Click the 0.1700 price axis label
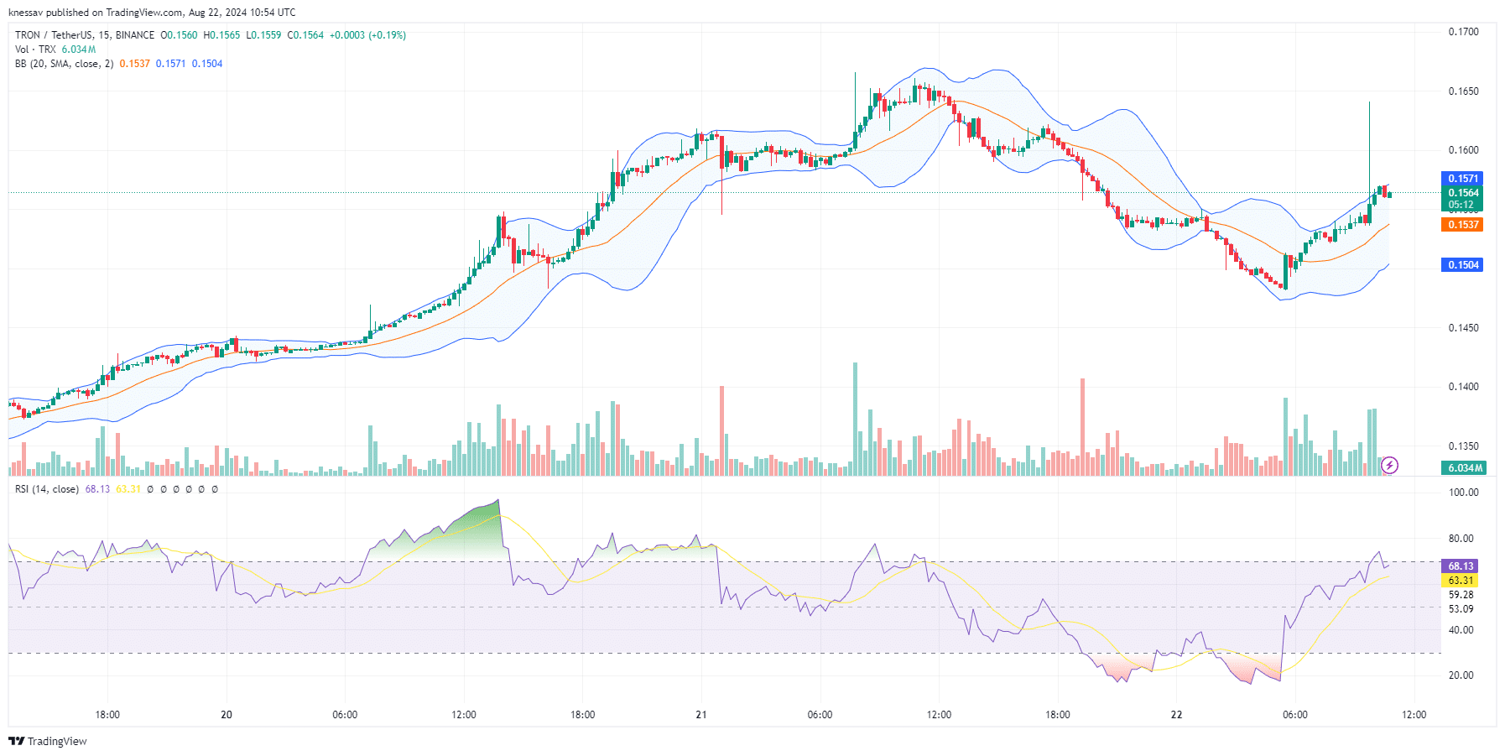1463,32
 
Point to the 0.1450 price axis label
1463,328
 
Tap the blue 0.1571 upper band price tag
1463,179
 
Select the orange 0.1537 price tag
1463,225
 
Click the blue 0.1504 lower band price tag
1463,265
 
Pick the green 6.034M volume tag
1464,468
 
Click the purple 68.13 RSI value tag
1460,566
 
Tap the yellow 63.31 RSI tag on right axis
1460,581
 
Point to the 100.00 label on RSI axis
1464,493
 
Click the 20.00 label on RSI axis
1461,675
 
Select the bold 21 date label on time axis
701,715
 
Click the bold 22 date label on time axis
1177,715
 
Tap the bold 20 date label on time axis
227,715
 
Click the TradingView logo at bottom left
48,741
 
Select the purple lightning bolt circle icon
1389,465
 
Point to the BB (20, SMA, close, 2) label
64,64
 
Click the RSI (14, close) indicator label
47,489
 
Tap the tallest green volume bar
855,419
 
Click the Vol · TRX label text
35,50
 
